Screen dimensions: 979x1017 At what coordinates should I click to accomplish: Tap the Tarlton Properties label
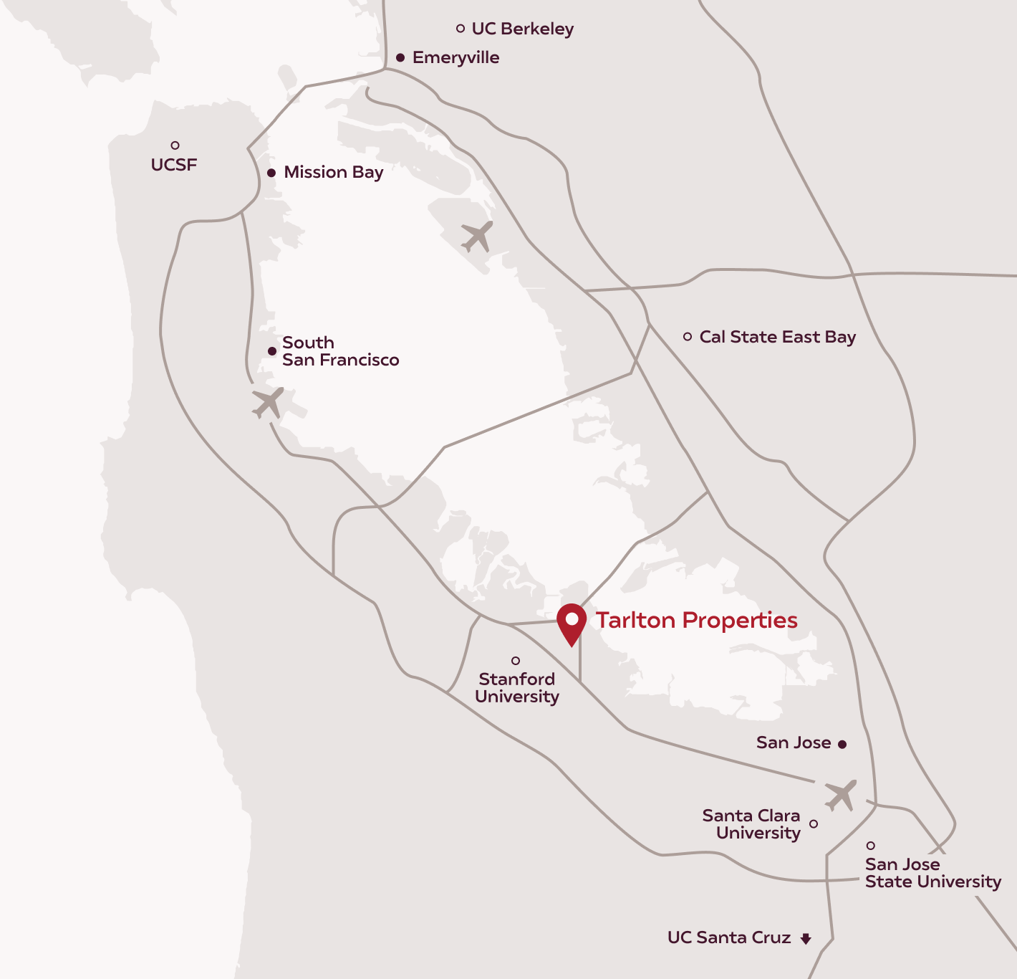[696, 620]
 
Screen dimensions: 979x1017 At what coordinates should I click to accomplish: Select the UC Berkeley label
[522, 29]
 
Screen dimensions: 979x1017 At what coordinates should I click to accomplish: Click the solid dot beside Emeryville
[400, 57]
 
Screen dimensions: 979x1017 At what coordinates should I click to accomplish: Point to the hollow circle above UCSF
[175, 145]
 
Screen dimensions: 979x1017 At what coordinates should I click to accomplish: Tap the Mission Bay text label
[333, 172]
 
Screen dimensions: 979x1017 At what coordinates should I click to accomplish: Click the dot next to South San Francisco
[272, 351]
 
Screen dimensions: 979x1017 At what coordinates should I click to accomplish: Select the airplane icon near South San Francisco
[269, 403]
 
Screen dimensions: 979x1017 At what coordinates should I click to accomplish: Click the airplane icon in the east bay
[477, 236]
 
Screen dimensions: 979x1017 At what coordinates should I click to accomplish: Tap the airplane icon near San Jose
[840, 795]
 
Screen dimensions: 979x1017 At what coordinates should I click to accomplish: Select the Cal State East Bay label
[777, 337]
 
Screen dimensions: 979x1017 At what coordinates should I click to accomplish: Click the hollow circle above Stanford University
[516, 661]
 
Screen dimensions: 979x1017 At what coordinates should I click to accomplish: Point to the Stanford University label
[516, 687]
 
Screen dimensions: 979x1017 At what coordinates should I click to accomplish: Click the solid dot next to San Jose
[842, 745]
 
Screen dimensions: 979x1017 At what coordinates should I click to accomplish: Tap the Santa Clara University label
[752, 824]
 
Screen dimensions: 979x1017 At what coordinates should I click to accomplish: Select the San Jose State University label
[932, 873]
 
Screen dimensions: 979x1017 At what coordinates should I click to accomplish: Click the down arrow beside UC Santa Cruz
[806, 938]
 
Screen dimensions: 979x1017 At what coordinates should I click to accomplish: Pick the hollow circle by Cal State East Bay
[688, 337]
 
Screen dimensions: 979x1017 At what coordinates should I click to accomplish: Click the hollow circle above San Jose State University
[871, 846]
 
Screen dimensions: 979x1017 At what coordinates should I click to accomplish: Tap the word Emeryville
[456, 57]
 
